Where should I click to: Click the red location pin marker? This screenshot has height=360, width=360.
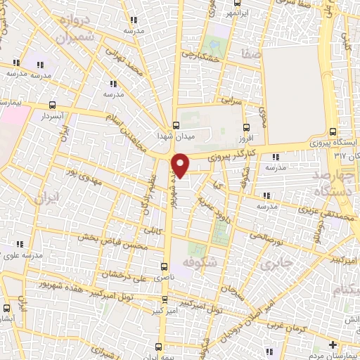(x=181, y=165)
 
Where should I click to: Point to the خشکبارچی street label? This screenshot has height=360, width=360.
(x=201, y=54)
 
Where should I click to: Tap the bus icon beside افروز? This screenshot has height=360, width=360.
(x=245, y=128)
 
